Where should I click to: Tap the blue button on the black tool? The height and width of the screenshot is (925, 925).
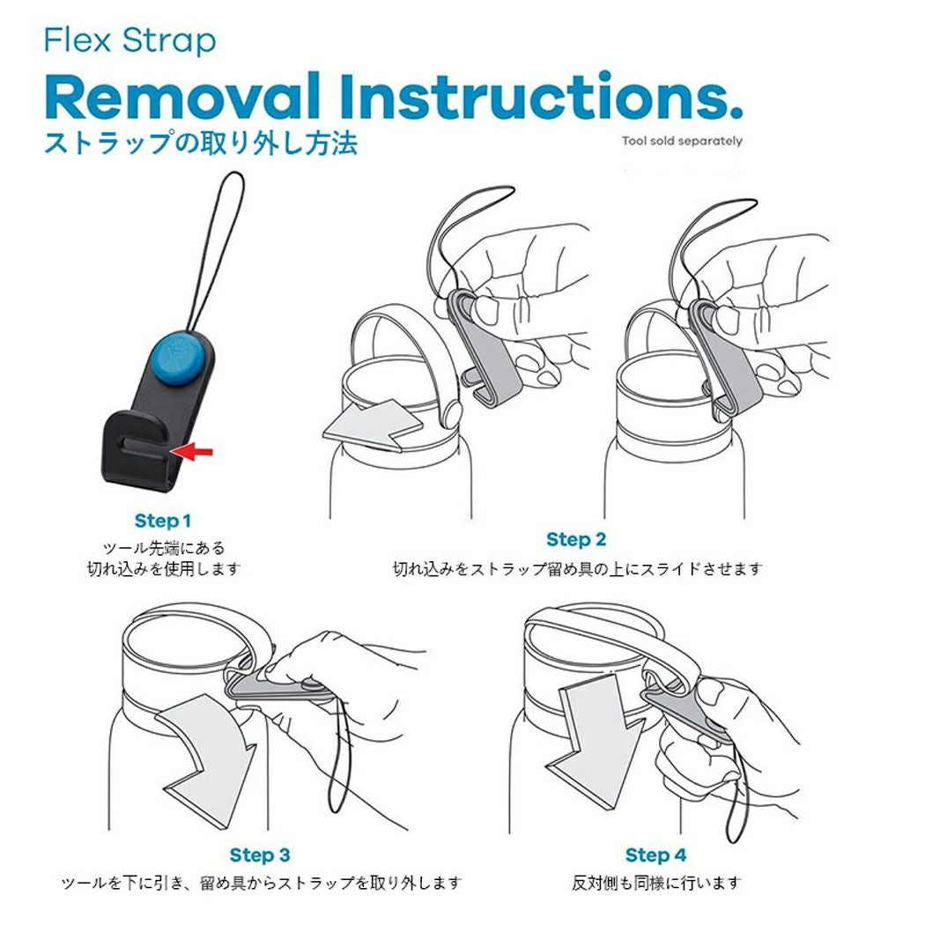[x=177, y=359]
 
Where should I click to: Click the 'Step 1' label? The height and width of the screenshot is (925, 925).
[x=163, y=521]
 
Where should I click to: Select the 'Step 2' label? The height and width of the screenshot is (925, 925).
[x=576, y=539]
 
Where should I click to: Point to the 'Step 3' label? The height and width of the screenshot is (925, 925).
[x=260, y=855]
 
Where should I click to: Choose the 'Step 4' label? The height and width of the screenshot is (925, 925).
[x=656, y=855]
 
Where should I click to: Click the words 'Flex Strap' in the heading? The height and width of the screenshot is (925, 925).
[x=130, y=41]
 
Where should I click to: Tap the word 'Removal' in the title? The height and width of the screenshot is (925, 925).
[x=181, y=96]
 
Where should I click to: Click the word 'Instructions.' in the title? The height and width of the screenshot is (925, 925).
[x=541, y=96]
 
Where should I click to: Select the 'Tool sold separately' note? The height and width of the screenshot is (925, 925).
[x=682, y=141]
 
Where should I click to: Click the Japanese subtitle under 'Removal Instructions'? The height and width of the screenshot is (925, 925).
[x=201, y=144]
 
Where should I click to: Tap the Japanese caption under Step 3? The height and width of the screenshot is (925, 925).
[x=261, y=883]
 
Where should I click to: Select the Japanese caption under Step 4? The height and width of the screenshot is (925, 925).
[x=656, y=883]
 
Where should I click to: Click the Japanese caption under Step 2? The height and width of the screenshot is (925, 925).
[x=578, y=569]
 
